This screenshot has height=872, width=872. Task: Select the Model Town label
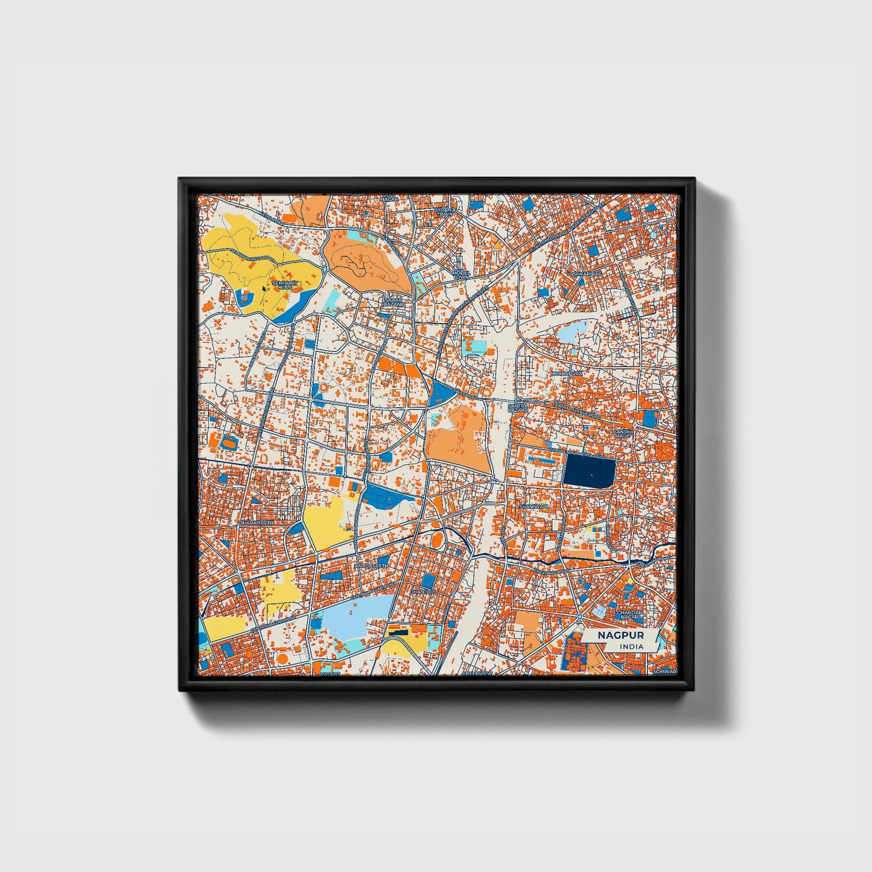tap(461, 275)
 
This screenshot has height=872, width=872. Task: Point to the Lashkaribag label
tap(584, 274)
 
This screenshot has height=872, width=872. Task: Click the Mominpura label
tap(566, 374)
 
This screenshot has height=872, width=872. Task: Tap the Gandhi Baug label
tap(623, 434)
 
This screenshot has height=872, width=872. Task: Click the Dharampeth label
tap(256, 523)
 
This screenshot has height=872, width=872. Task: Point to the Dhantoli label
tap(422, 592)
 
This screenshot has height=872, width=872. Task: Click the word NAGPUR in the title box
tap(620, 635)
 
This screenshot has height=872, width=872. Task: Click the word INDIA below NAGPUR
tap(631, 647)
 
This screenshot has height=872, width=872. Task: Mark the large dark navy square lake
tap(589, 471)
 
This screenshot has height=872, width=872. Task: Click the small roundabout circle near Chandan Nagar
tap(579, 619)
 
